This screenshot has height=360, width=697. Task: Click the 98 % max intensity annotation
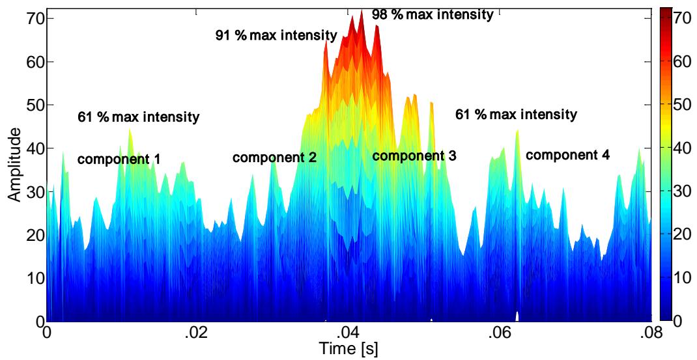[432, 14]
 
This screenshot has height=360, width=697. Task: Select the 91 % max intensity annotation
[276, 35]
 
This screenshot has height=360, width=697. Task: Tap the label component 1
[119, 159]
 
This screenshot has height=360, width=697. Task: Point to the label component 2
[274, 158]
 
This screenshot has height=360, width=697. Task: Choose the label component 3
[414, 156]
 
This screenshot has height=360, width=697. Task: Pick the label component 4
[568, 155]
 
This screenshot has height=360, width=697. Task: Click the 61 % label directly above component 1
[138, 118]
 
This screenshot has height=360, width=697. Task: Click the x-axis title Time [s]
[348, 349]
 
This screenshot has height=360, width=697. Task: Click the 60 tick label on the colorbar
[684, 62]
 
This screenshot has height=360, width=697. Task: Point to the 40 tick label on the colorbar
[684, 148]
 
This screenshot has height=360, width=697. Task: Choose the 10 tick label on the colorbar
[684, 278]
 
